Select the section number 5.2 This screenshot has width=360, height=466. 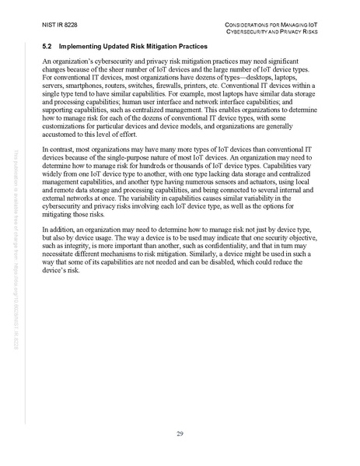[47, 48]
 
